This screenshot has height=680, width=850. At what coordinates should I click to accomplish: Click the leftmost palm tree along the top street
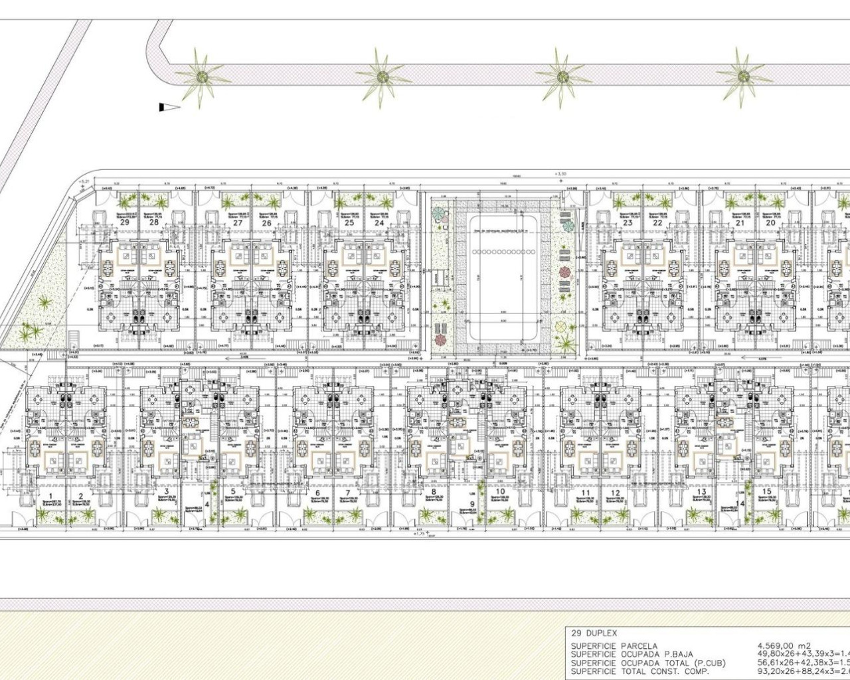[200, 77]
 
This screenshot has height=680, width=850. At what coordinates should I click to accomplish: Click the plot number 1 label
[50, 495]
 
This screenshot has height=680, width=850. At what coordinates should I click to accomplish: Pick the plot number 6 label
[317, 493]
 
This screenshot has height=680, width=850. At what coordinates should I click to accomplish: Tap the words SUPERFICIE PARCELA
[614, 645]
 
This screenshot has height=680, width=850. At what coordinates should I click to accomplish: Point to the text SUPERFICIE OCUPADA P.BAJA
[631, 654]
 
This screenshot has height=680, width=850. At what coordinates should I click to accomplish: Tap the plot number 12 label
[616, 493]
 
